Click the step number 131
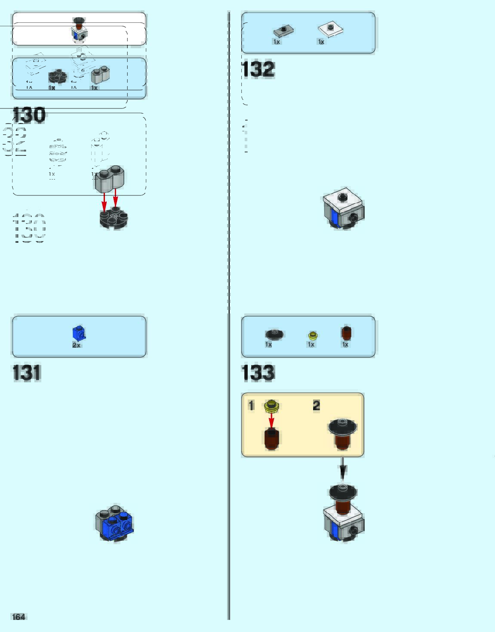[27, 372]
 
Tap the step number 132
[258, 69]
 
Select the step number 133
[258, 372]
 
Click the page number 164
[18, 617]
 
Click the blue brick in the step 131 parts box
[79, 333]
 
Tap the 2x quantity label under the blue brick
[77, 345]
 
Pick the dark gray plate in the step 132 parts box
[283, 31]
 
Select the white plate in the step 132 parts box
[330, 29]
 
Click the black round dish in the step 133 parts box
[274, 334]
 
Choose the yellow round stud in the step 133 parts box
[313, 335]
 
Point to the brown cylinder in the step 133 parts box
[346, 333]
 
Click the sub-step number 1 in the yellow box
[252, 405]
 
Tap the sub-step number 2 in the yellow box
[317, 405]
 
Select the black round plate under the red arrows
[114, 219]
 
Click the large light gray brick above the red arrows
[110, 179]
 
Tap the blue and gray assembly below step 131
[114, 523]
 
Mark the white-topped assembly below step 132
[344, 209]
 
